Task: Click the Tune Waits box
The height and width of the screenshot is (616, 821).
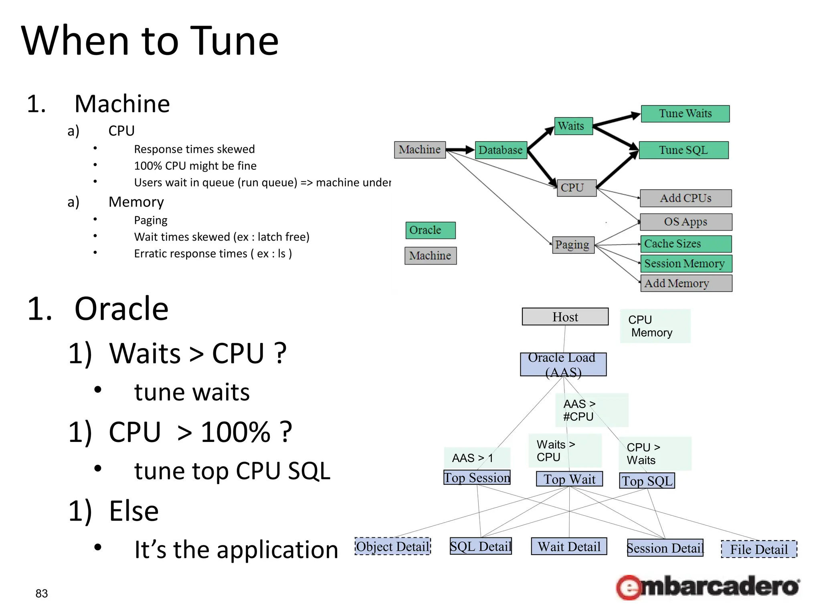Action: coord(685,114)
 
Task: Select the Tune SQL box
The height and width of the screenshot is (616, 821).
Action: coord(683,150)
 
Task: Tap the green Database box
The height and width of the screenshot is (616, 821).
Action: coord(501,150)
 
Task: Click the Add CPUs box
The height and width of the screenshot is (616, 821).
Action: coord(686,198)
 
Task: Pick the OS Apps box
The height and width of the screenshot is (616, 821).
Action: coord(686,222)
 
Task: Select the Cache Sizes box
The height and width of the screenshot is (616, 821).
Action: coord(686,244)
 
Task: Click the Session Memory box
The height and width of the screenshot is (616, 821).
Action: coord(686,263)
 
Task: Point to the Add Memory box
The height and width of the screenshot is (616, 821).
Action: coord(686,283)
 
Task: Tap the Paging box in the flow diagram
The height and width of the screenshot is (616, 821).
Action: coord(572,245)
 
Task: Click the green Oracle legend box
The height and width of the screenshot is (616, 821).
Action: coord(430,231)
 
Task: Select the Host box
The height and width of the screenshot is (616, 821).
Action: coord(565,317)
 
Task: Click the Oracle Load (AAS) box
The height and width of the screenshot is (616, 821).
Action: coord(563,364)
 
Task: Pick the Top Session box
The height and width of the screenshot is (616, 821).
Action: coord(477,478)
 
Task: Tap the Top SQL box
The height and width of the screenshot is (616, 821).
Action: coord(647,481)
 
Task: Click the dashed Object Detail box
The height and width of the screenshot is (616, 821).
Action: coord(392,547)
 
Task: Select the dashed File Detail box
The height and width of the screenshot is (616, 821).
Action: coord(759,549)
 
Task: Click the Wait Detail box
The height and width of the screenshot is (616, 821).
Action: coord(569,547)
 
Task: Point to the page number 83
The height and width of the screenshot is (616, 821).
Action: coord(42,594)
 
